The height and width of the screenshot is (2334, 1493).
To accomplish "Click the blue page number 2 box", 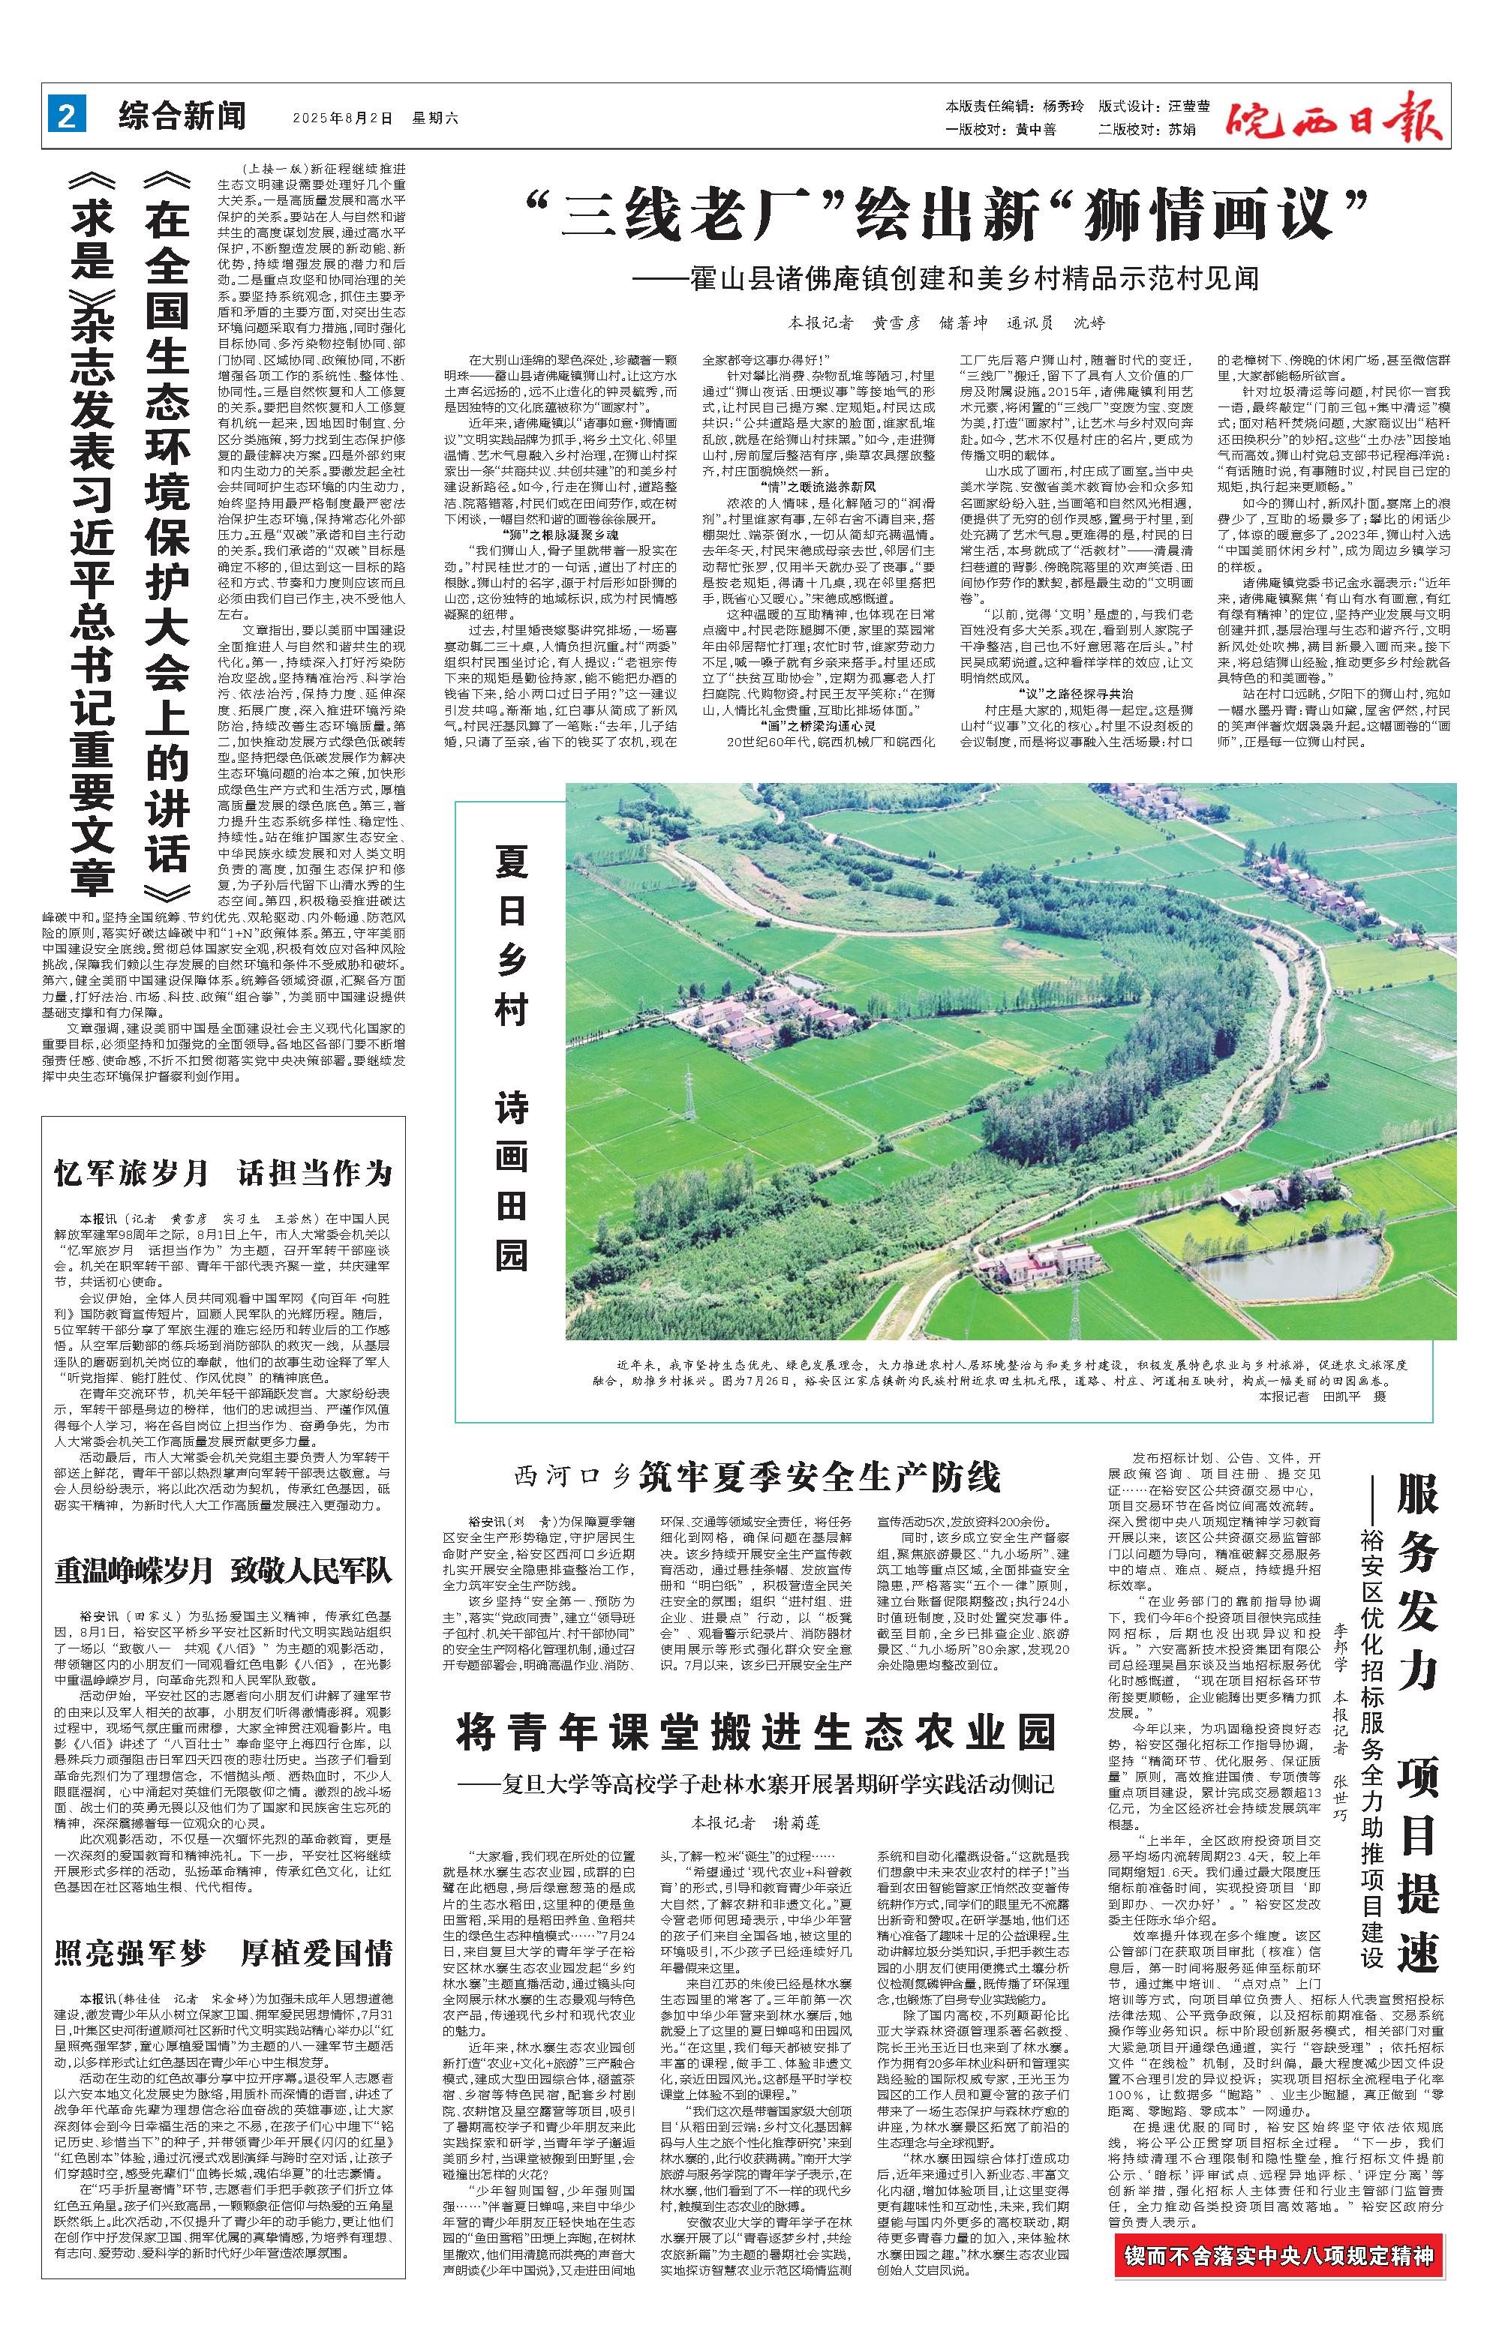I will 66,117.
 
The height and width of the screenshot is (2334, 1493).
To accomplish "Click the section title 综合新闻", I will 182,117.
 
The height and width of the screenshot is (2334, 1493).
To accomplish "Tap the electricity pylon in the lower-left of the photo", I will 690,1105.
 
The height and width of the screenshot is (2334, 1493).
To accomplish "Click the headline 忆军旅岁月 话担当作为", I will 223,1173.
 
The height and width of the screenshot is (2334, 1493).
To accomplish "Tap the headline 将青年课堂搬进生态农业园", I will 756,1733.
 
